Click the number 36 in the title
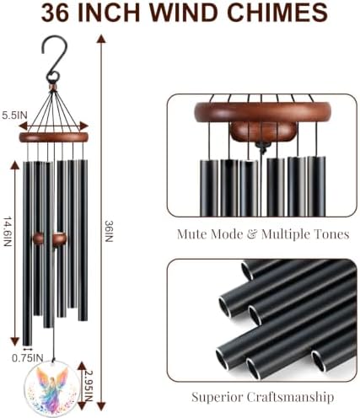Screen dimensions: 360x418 tap(55, 13)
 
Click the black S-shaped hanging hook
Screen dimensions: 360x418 tap(54, 58)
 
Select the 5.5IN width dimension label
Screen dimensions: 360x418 tap(14, 115)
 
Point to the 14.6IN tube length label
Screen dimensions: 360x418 tap(8, 232)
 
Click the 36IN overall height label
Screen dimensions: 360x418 tap(109, 231)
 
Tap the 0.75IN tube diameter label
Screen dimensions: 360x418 tap(28, 358)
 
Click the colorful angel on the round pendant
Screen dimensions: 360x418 tap(51, 387)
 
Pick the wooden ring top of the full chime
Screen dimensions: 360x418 tap(54, 137)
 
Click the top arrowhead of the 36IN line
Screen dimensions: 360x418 tap(101, 39)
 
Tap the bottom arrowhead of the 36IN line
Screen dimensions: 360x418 tap(101, 406)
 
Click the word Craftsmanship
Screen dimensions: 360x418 tap(291, 397)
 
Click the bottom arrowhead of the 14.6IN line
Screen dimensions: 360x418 tap(14, 341)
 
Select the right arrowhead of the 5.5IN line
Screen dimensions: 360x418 tap(84, 126)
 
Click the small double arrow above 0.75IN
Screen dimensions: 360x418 tap(28, 349)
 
